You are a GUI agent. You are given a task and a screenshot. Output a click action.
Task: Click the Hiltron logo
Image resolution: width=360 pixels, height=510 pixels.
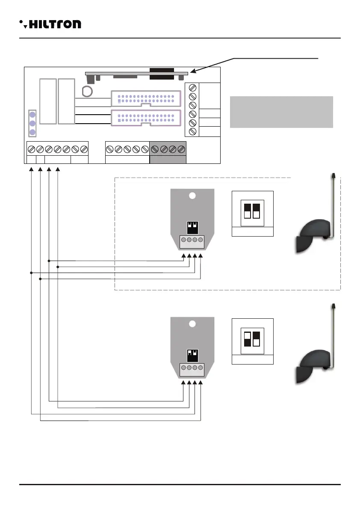click(50, 24)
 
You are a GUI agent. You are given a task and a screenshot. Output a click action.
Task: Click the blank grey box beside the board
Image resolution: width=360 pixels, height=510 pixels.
click(281, 112)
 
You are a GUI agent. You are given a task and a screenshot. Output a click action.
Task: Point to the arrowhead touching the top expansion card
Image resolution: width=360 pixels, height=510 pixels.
click(193, 71)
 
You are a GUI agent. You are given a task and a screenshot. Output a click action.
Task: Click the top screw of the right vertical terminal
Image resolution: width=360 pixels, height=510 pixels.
click(192, 88)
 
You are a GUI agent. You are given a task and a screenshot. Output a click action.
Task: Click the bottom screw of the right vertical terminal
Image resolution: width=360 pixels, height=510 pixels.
click(192, 131)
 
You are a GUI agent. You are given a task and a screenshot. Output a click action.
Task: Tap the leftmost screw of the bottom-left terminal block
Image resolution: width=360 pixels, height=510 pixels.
click(31, 149)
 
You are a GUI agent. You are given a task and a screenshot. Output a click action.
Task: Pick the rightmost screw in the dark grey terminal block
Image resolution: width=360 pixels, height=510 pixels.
click(181, 149)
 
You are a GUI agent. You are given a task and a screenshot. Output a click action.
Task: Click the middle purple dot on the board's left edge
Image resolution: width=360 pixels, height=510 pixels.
click(32, 123)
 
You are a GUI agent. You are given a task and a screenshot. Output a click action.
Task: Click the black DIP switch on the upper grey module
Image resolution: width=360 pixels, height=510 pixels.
click(192, 226)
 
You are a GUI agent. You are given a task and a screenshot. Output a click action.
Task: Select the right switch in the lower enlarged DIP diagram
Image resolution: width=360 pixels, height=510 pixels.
click(257, 339)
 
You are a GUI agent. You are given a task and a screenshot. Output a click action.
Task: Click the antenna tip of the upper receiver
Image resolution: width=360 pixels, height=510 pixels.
click(333, 175)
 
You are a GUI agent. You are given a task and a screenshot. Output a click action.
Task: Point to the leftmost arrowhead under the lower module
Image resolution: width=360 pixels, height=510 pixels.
click(184, 382)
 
